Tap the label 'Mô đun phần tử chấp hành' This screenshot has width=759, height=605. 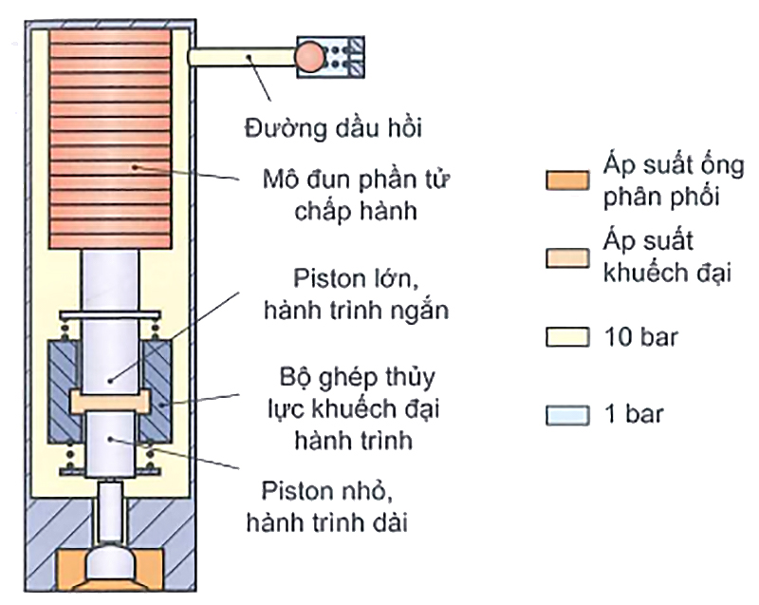(342, 193)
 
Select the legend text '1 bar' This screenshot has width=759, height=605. (634, 415)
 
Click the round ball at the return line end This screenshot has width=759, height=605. (310, 57)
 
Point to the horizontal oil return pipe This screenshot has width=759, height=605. (242, 58)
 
